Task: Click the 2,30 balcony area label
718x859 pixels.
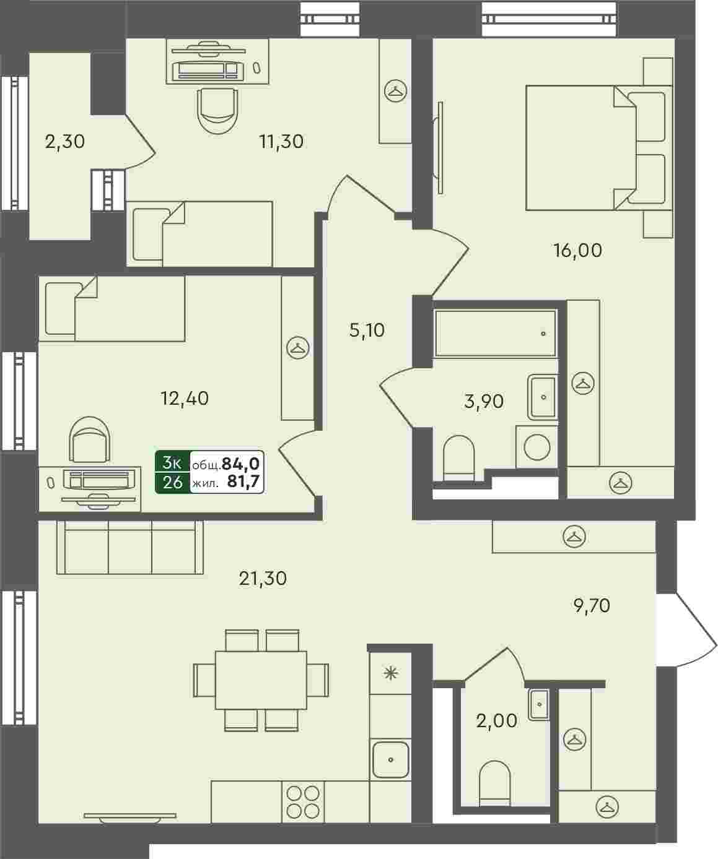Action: pos(64,142)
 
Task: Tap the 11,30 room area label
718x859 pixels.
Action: pos(281,142)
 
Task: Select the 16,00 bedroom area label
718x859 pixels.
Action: pos(577,250)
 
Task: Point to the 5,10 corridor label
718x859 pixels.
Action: pos(367,330)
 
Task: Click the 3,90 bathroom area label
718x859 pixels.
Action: pos(484,401)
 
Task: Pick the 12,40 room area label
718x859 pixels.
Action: pos(185,398)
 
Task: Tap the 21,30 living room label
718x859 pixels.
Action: pos(263,579)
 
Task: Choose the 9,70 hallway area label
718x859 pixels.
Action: pos(592,606)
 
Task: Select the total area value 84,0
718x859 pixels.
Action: pos(240,464)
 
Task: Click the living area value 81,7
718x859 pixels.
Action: pos(243,481)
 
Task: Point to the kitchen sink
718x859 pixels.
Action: pos(390,759)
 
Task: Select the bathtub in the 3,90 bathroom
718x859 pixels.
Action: pos(496,333)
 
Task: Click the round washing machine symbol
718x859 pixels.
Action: pos(536,447)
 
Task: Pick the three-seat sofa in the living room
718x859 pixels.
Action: pos(130,548)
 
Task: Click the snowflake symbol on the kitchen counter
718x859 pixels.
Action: pos(390,674)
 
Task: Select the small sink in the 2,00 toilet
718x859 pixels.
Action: pos(539,705)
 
